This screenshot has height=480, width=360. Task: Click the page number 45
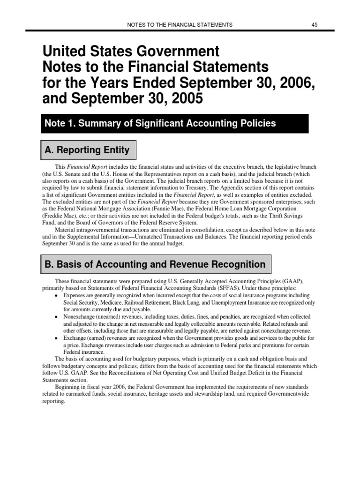315,24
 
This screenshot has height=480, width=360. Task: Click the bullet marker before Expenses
56,296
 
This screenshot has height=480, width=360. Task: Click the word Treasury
200,187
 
